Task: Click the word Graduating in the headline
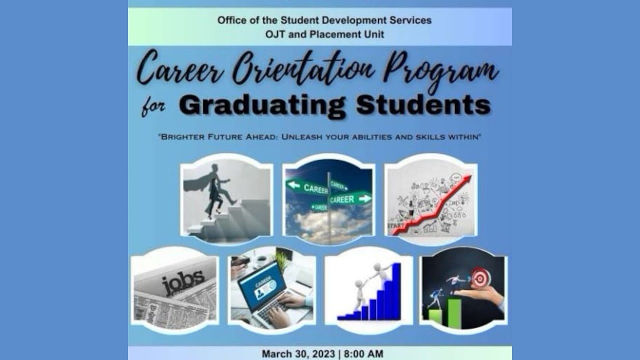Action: pyautogui.click(x=261, y=105)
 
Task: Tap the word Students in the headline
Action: pyautogui.click(x=423, y=105)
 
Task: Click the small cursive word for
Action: pyautogui.click(x=153, y=107)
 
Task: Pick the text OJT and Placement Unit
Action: pyautogui.click(x=325, y=34)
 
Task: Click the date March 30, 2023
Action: pyautogui.click(x=297, y=354)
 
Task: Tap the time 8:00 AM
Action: pyautogui.click(x=363, y=354)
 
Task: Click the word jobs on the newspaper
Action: pyautogui.click(x=183, y=282)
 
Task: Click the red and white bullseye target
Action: pyautogui.click(x=480, y=277)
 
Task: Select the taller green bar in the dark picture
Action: pyautogui.click(x=454, y=313)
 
